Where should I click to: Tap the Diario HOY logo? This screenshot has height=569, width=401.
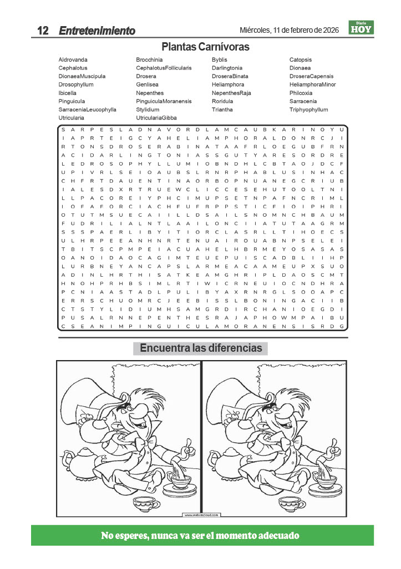tap(361, 28)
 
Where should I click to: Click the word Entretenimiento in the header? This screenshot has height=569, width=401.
tap(97, 31)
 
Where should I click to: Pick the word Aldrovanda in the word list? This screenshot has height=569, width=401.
tap(73, 59)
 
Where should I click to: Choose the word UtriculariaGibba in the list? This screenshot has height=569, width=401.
tap(156, 118)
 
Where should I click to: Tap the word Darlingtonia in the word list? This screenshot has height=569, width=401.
tap(227, 68)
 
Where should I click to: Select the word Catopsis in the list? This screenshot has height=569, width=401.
tap(301, 59)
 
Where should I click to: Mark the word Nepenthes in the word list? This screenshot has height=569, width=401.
tap(150, 93)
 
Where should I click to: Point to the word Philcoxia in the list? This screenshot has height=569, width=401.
tap(301, 93)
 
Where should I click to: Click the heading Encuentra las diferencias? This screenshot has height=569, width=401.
tap(201, 348)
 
